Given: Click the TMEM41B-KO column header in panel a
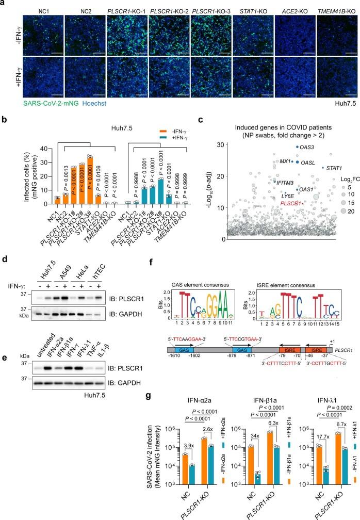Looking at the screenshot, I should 336,9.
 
